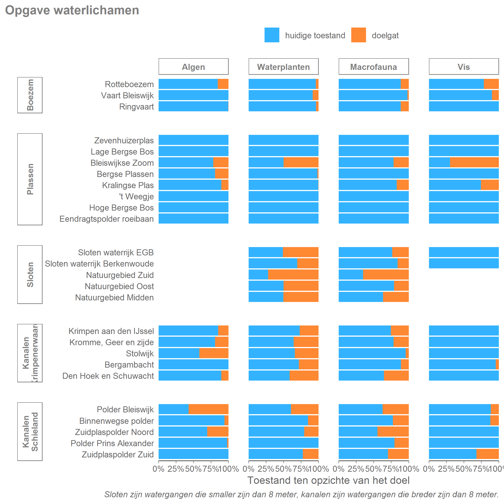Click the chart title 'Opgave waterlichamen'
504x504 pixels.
[72, 11]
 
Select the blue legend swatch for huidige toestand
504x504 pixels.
[272, 35]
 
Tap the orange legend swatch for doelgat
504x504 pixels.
[358, 35]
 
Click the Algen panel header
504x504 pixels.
[193, 67]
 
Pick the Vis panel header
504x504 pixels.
[463, 67]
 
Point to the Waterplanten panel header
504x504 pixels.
[283, 67]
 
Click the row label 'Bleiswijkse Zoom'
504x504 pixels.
[122, 163]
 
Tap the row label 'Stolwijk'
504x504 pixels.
[140, 353]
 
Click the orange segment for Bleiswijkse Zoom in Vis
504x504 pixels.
[474, 162]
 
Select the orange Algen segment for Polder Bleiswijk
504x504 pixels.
[209, 409]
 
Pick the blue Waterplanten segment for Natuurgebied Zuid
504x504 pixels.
[258, 275]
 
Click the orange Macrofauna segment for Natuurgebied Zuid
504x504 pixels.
[386, 275]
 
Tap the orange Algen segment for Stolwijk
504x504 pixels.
[214, 353]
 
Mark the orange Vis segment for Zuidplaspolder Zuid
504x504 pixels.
[487, 454]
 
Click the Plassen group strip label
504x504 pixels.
[30, 179]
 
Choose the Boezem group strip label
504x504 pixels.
[30, 95]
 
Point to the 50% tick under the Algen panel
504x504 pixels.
[193, 469]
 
